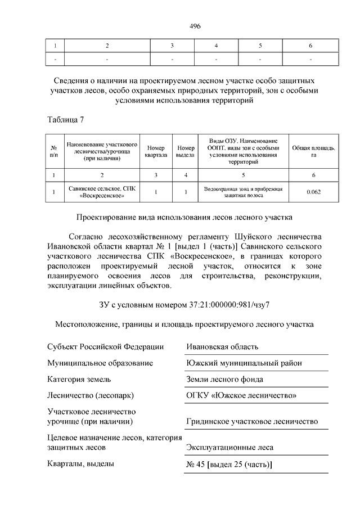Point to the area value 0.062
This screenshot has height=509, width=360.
click(314, 192)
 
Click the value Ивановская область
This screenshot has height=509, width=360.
click(222, 347)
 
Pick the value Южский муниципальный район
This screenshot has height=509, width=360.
click(244, 363)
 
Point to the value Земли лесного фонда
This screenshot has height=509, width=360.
click(224, 380)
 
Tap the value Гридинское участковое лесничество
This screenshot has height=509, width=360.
click(252, 421)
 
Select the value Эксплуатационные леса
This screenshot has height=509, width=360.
click(229, 448)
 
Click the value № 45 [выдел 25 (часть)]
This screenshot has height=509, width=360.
click(229, 465)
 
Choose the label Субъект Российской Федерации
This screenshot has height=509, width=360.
click(106, 347)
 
